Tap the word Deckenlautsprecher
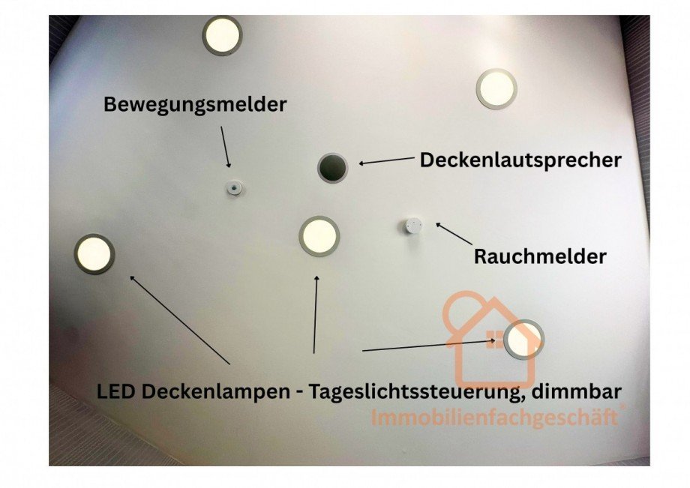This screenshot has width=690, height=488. click(x=520, y=160)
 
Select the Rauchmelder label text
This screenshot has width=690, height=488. click(x=540, y=257)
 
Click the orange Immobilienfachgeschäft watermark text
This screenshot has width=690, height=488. click(x=495, y=418)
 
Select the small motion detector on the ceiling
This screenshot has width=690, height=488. click(x=234, y=188)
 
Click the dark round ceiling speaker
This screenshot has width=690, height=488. click(x=333, y=167)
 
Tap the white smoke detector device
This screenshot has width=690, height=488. click(x=412, y=226)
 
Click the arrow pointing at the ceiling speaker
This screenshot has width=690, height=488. click(x=387, y=160)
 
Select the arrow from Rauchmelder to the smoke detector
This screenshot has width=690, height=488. click(x=454, y=233)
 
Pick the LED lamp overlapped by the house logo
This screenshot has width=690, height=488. click(x=523, y=340)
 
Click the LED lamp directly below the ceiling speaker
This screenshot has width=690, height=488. click(x=319, y=236)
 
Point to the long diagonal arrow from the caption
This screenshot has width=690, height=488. click(x=180, y=320)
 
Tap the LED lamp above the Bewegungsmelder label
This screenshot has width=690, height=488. click(x=222, y=35)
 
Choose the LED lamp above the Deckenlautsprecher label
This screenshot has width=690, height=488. click(x=496, y=88)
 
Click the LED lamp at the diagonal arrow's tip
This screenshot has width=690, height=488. click(x=94, y=254)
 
